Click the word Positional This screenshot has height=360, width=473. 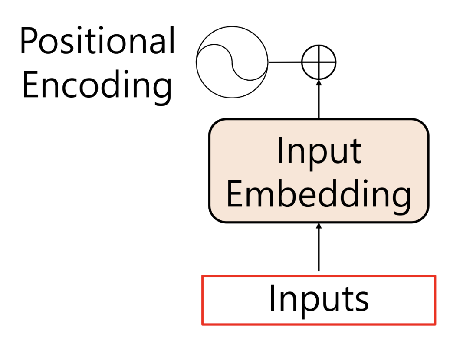(x=97, y=41)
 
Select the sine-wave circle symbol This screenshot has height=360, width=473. (x=232, y=62)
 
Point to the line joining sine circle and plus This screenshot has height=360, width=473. (x=285, y=62)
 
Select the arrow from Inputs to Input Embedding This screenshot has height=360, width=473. (x=319, y=249)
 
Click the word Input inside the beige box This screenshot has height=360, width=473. (x=319, y=151)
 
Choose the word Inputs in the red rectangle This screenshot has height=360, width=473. (x=319, y=299)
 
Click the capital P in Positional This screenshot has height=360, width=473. (x=29, y=41)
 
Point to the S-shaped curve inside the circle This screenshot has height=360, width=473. (x=232, y=62)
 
